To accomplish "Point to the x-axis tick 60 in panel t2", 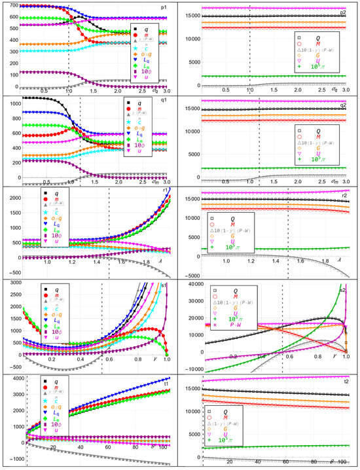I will click(285, 461).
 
